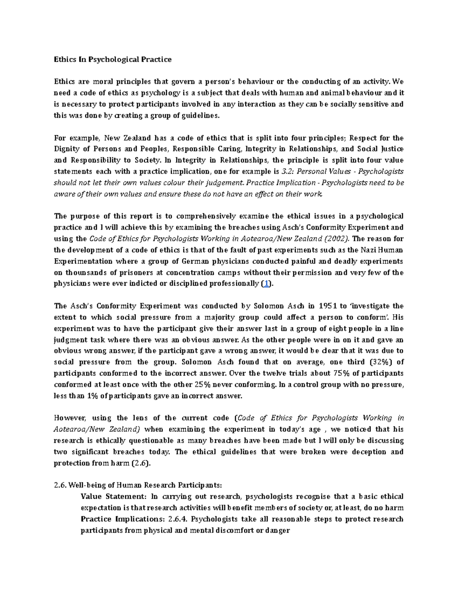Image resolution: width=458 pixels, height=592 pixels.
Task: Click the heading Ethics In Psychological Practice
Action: [x=113, y=59]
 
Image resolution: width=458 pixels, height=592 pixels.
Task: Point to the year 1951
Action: [x=327, y=306]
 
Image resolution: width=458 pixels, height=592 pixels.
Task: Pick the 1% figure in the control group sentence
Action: [x=92, y=396]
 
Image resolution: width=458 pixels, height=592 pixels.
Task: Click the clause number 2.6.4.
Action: [x=177, y=519]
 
